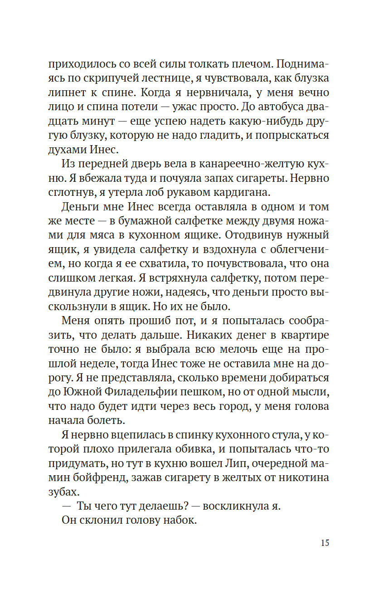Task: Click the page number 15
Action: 324,543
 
